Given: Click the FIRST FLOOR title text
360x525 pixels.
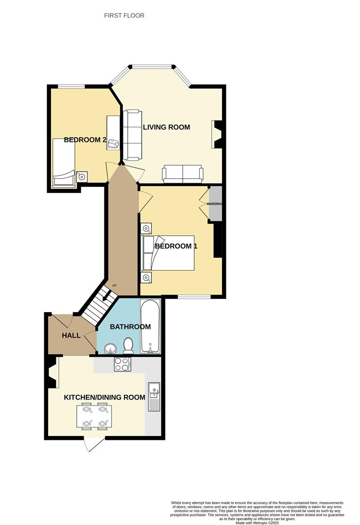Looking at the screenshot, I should click(x=124, y=16).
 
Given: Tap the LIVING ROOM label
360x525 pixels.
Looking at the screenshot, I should click(x=166, y=127).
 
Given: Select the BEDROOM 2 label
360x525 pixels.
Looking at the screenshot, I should click(x=85, y=140).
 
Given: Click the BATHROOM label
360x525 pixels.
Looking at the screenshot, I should click(x=130, y=327).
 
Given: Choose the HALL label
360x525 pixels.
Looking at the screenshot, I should click(x=71, y=336).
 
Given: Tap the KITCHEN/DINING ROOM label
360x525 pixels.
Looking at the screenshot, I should click(x=104, y=397).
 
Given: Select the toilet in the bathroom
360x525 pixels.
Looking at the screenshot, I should click(x=128, y=346).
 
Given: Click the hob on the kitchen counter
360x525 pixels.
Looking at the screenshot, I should click(x=122, y=364).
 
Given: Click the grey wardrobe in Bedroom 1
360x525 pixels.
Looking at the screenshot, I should click(x=215, y=204).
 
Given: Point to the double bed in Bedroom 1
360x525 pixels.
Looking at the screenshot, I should click(x=168, y=253).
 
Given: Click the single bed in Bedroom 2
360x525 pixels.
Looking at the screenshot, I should click(x=64, y=163).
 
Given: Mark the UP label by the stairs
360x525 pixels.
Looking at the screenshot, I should click(x=115, y=285).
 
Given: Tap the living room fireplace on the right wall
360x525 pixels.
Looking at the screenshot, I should click(x=216, y=134).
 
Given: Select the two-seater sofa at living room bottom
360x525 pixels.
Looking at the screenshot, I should click(x=183, y=174).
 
